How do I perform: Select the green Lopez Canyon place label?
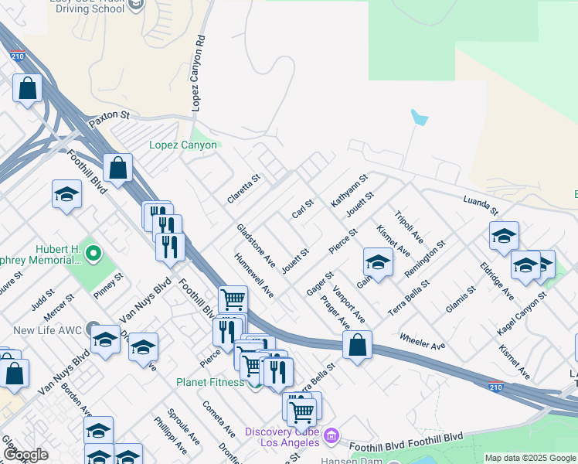pos(183,145)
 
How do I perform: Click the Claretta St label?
pos(244,188)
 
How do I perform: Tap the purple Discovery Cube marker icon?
pos(331,436)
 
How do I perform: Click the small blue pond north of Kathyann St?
pos(420,118)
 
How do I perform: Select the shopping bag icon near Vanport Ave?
pos(357,346)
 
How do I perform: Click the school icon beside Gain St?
pos(378,263)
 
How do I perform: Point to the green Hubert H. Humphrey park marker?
pos(93,253)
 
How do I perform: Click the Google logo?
pos(25,455)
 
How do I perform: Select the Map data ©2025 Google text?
pos(529,458)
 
